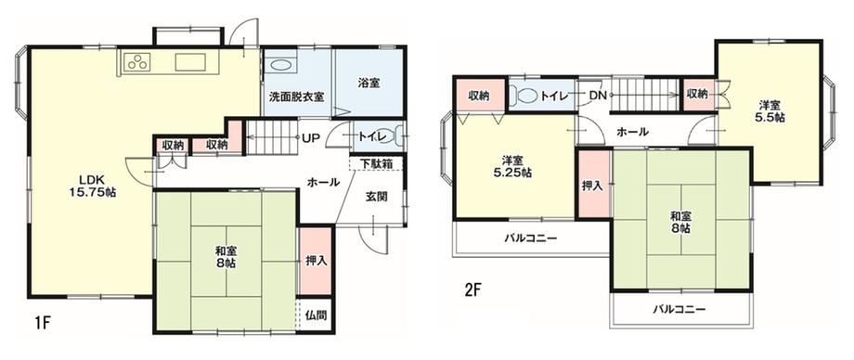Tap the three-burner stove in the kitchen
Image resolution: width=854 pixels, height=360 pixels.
tap(137, 62)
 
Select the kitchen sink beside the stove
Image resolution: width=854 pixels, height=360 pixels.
tap(190, 62)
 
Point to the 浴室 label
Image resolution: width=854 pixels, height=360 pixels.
tap(369, 84)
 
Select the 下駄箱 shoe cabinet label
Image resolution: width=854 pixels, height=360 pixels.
tap(376, 163)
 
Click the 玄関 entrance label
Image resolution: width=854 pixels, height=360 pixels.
tap(376, 197)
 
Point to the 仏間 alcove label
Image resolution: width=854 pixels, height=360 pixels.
tap(316, 315)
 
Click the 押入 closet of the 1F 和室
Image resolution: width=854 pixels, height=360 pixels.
tap(316, 261)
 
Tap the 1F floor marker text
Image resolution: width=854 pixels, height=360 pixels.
tap(43, 322)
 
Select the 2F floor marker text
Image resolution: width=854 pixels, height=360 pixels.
tap(472, 289)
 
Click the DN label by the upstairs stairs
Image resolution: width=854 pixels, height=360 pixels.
tap(597, 96)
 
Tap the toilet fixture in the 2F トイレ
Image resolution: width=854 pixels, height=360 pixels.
tap(524, 96)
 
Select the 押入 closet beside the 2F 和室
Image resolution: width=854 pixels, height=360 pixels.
tap(594, 185)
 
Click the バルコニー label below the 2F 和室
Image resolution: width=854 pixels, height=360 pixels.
tap(679, 309)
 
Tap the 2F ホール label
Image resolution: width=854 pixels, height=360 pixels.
tap(633, 132)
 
